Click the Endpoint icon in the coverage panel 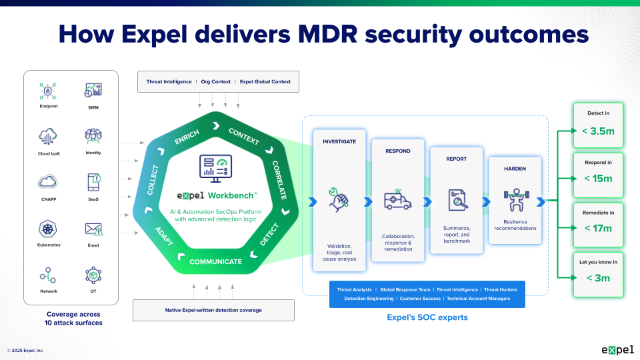coord(48,91)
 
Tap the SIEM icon coord(93,91)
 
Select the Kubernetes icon coord(48,229)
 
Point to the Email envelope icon coord(93,229)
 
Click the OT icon coord(93,275)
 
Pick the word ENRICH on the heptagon coord(187,133)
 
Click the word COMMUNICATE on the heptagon coord(215,261)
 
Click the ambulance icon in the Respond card coord(398,200)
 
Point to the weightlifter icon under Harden coord(515,199)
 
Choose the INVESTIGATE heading coord(339,141)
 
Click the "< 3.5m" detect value coord(598,131)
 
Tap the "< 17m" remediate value coord(598,229)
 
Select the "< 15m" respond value coord(598,179)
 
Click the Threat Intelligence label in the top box coord(169,82)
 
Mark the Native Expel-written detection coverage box coord(214,310)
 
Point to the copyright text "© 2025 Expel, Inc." coord(25,350)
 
